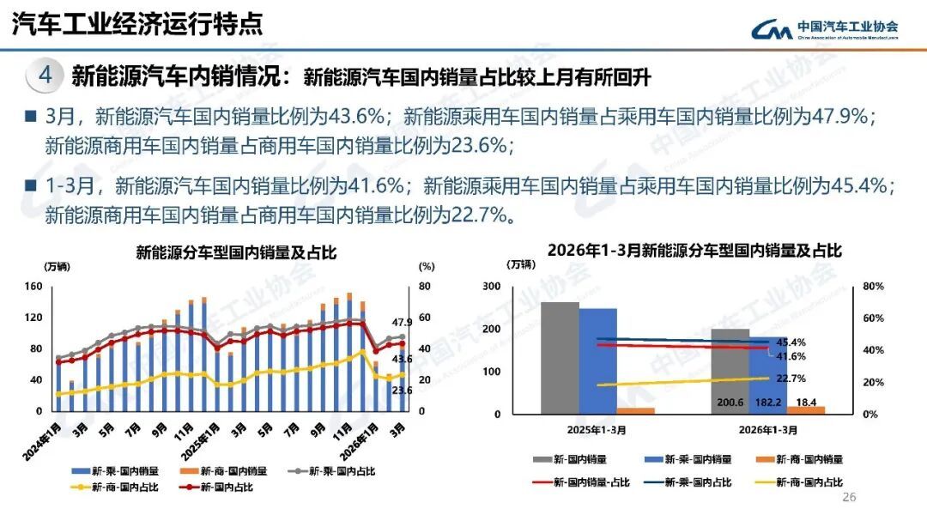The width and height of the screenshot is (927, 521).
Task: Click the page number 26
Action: (850, 497)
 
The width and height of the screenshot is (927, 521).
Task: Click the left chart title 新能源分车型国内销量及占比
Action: (236, 253)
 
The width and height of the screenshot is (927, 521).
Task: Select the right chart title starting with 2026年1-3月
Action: (694, 251)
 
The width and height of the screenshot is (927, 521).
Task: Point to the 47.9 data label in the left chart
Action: (403, 323)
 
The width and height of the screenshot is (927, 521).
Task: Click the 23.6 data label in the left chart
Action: (403, 391)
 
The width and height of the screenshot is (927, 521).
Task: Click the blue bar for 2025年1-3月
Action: (597, 360)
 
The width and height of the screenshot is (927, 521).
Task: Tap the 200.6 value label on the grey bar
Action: (730, 403)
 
